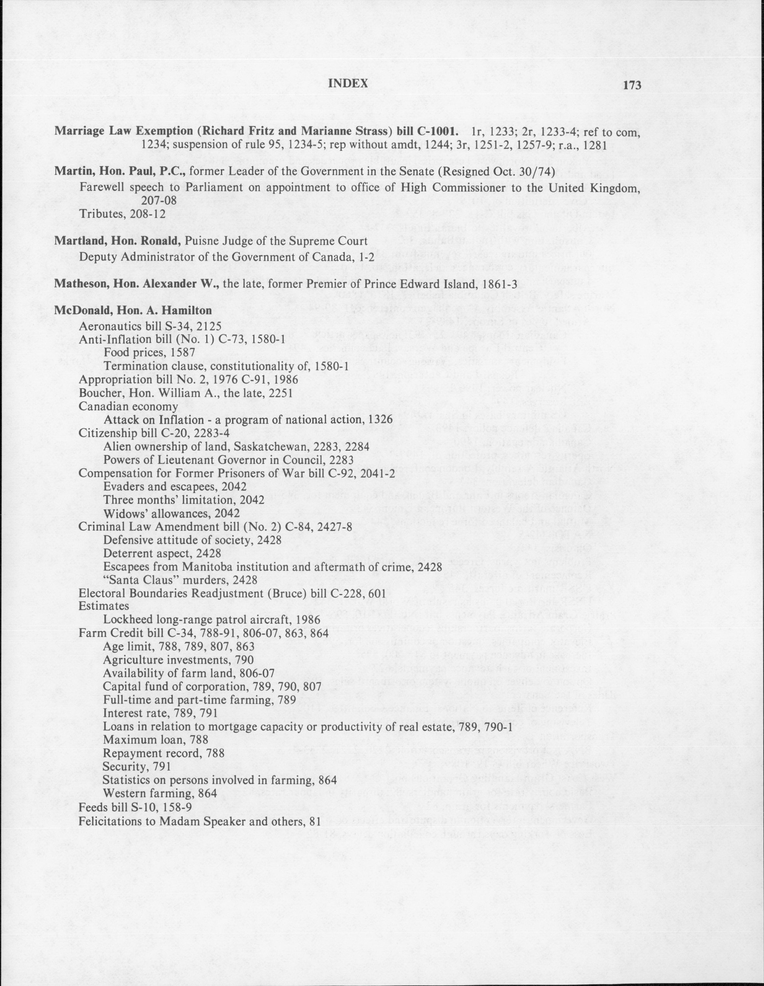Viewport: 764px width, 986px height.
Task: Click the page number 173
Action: pyautogui.click(x=632, y=85)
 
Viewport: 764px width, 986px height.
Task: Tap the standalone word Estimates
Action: pyautogui.click(x=104, y=605)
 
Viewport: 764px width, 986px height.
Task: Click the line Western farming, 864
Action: pyautogui.click(x=160, y=793)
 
